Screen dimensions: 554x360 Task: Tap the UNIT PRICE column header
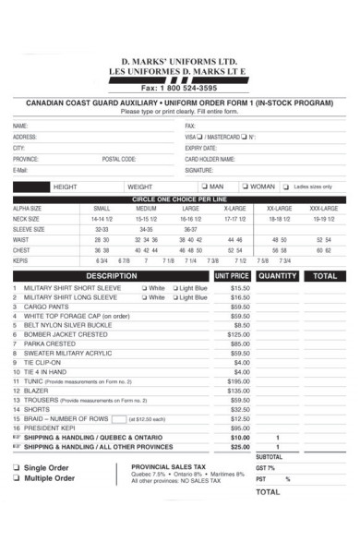[x=232, y=276]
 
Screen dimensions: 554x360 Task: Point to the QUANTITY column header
[x=278, y=276]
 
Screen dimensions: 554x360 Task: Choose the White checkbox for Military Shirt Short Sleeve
[x=144, y=288]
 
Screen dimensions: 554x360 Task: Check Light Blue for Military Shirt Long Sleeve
[x=173, y=297]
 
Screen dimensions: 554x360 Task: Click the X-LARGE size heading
[x=234, y=209]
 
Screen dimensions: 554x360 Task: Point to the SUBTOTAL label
[x=269, y=457]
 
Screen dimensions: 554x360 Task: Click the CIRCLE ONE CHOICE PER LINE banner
[x=180, y=199]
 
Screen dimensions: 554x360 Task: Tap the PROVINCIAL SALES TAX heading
[x=168, y=467]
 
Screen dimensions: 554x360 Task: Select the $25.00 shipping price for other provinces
[x=240, y=447]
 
